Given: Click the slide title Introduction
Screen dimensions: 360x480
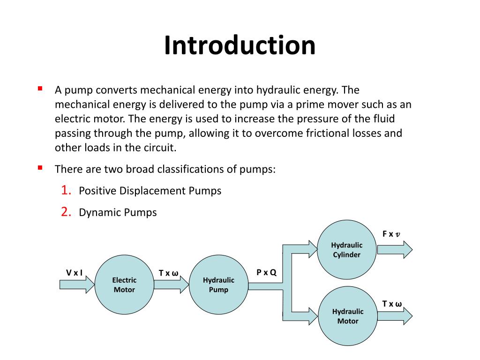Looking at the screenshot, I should click(x=240, y=45).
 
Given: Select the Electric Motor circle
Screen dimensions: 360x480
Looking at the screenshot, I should click(x=124, y=285).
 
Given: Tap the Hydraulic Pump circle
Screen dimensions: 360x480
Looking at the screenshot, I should click(x=218, y=285).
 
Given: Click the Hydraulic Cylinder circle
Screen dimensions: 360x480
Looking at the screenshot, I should click(x=347, y=250).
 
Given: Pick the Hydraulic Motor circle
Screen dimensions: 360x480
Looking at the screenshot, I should click(x=348, y=316).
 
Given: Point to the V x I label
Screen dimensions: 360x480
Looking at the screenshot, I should click(x=74, y=272).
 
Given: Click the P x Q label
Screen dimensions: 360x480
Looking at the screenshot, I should click(x=266, y=272).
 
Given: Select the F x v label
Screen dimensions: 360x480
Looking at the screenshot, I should click(x=391, y=234).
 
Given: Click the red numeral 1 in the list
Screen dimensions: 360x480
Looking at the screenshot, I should click(x=66, y=190).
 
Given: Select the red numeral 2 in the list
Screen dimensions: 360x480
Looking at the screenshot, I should click(x=66, y=212).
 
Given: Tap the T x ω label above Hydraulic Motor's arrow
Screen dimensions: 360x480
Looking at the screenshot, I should click(x=392, y=304).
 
